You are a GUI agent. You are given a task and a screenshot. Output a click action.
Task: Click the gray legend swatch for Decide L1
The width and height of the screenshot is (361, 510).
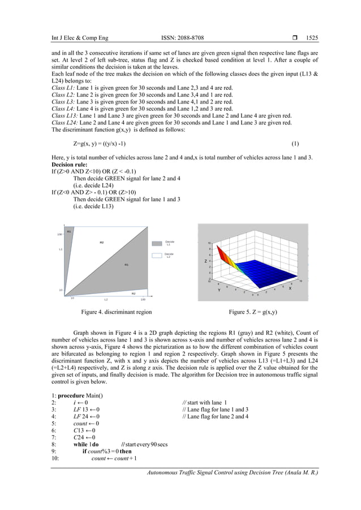(157, 243)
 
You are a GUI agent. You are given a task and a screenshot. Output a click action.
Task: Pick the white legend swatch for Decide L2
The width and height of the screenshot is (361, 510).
(157, 256)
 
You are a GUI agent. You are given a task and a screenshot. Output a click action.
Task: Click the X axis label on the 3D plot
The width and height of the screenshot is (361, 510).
(290, 288)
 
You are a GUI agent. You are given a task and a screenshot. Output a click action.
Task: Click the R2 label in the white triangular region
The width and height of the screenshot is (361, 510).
(102, 243)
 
